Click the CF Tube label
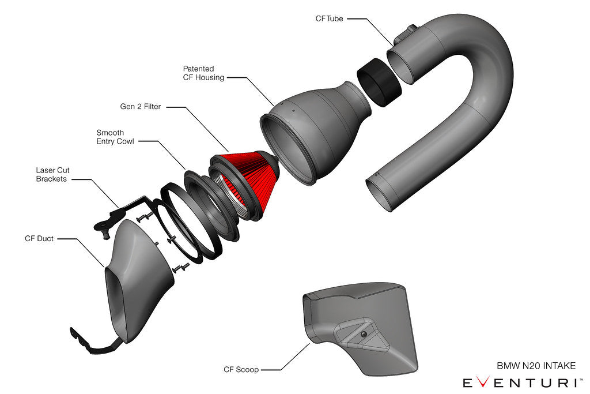[x=329, y=18]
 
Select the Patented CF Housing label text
[x=203, y=73]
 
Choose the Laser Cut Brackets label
[x=52, y=175]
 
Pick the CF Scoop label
[x=241, y=369]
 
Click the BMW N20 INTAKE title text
[x=536, y=365]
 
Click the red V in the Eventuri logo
[x=484, y=382]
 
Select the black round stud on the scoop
[x=364, y=335]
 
